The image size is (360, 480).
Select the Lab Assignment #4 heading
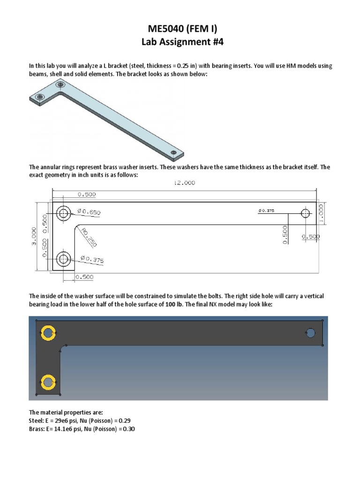(x=180, y=42)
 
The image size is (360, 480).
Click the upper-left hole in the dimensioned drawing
(x=64, y=214)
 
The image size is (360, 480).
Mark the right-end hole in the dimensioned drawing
(x=306, y=214)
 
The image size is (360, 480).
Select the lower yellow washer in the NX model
(x=47, y=382)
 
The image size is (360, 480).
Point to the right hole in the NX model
(x=310, y=333)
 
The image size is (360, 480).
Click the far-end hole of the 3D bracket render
(x=174, y=153)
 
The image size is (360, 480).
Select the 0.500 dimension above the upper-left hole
(x=85, y=194)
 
